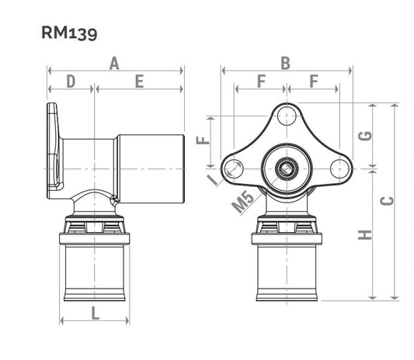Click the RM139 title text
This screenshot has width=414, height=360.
pyautogui.click(x=69, y=33)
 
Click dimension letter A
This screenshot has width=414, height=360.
pyautogui.click(x=114, y=64)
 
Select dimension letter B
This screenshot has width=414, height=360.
pyautogui.click(x=285, y=64)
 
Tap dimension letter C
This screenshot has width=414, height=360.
pyautogui.click(x=387, y=201)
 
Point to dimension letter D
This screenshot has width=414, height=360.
pyautogui.click(x=71, y=81)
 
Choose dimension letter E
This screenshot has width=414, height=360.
pyautogui.click(x=139, y=81)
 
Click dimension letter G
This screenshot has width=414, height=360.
pyautogui.click(x=365, y=136)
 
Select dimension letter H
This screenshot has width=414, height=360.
pyautogui.click(x=365, y=235)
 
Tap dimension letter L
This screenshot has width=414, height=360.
pyautogui.click(x=95, y=313)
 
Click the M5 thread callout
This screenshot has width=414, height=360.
pyautogui.click(x=243, y=202)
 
